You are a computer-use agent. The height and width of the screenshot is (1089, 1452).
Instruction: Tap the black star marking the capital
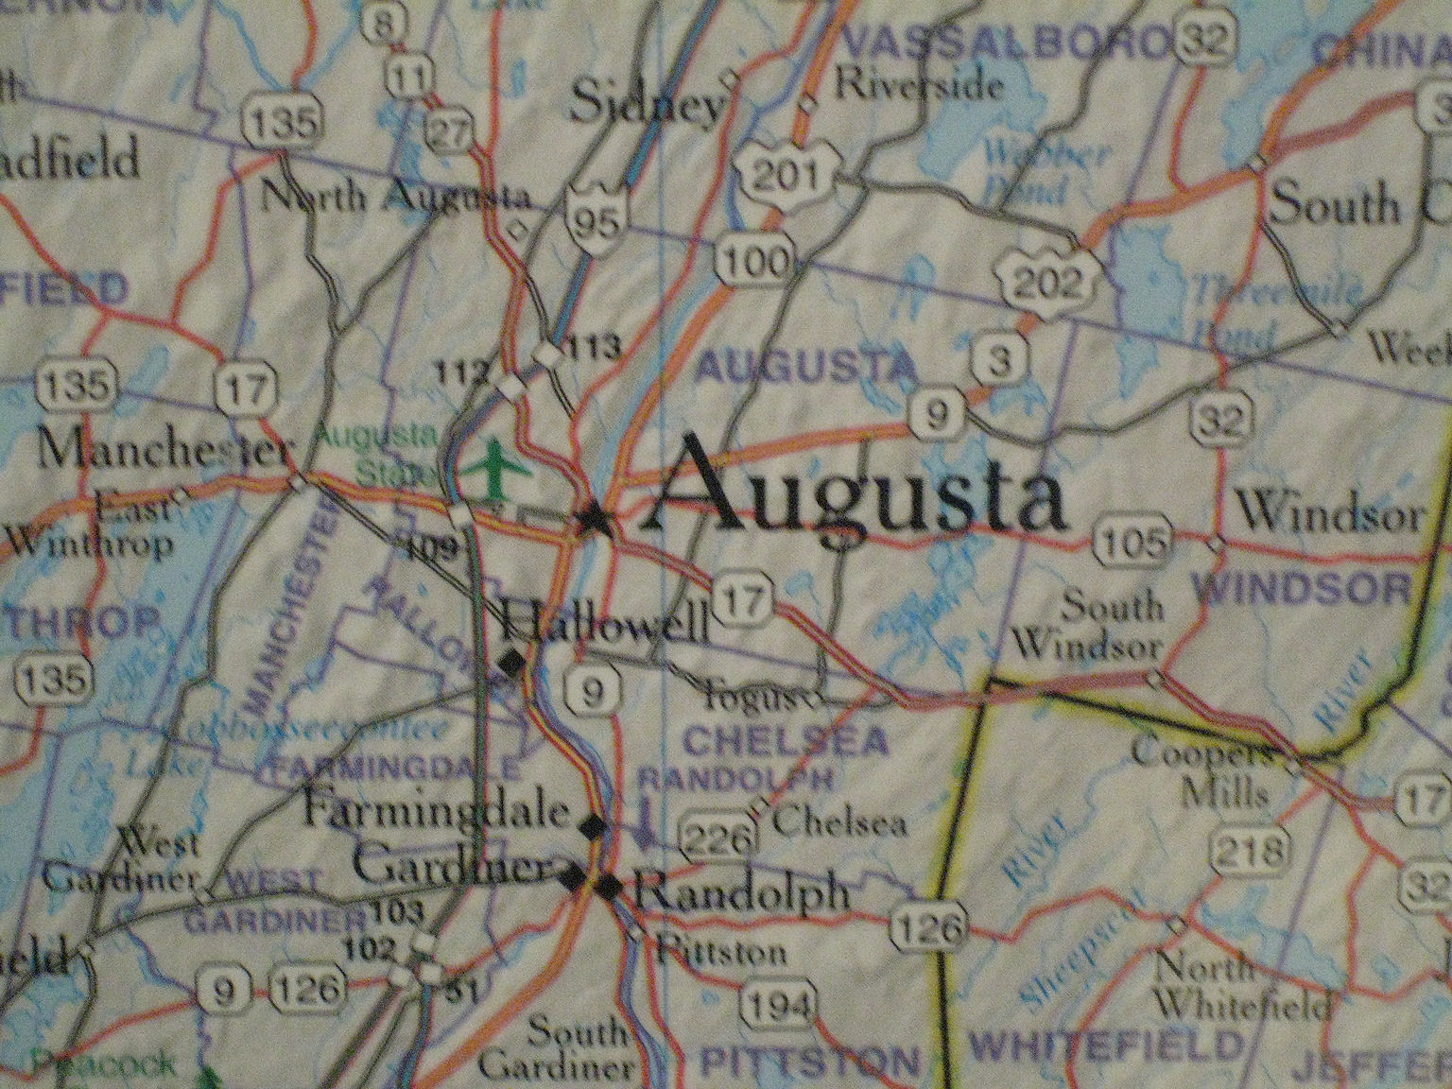coord(595,517)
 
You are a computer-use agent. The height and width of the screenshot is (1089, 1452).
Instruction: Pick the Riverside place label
coord(919,87)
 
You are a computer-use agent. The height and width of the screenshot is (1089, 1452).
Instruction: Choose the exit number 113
coord(594,346)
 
